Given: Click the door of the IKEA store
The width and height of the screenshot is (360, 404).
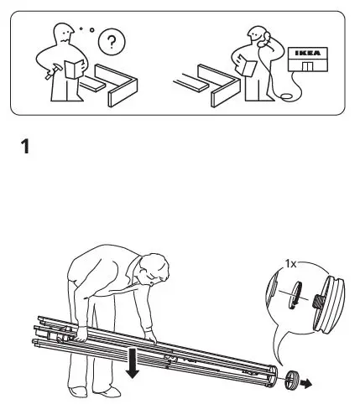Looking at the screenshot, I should [309, 66].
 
